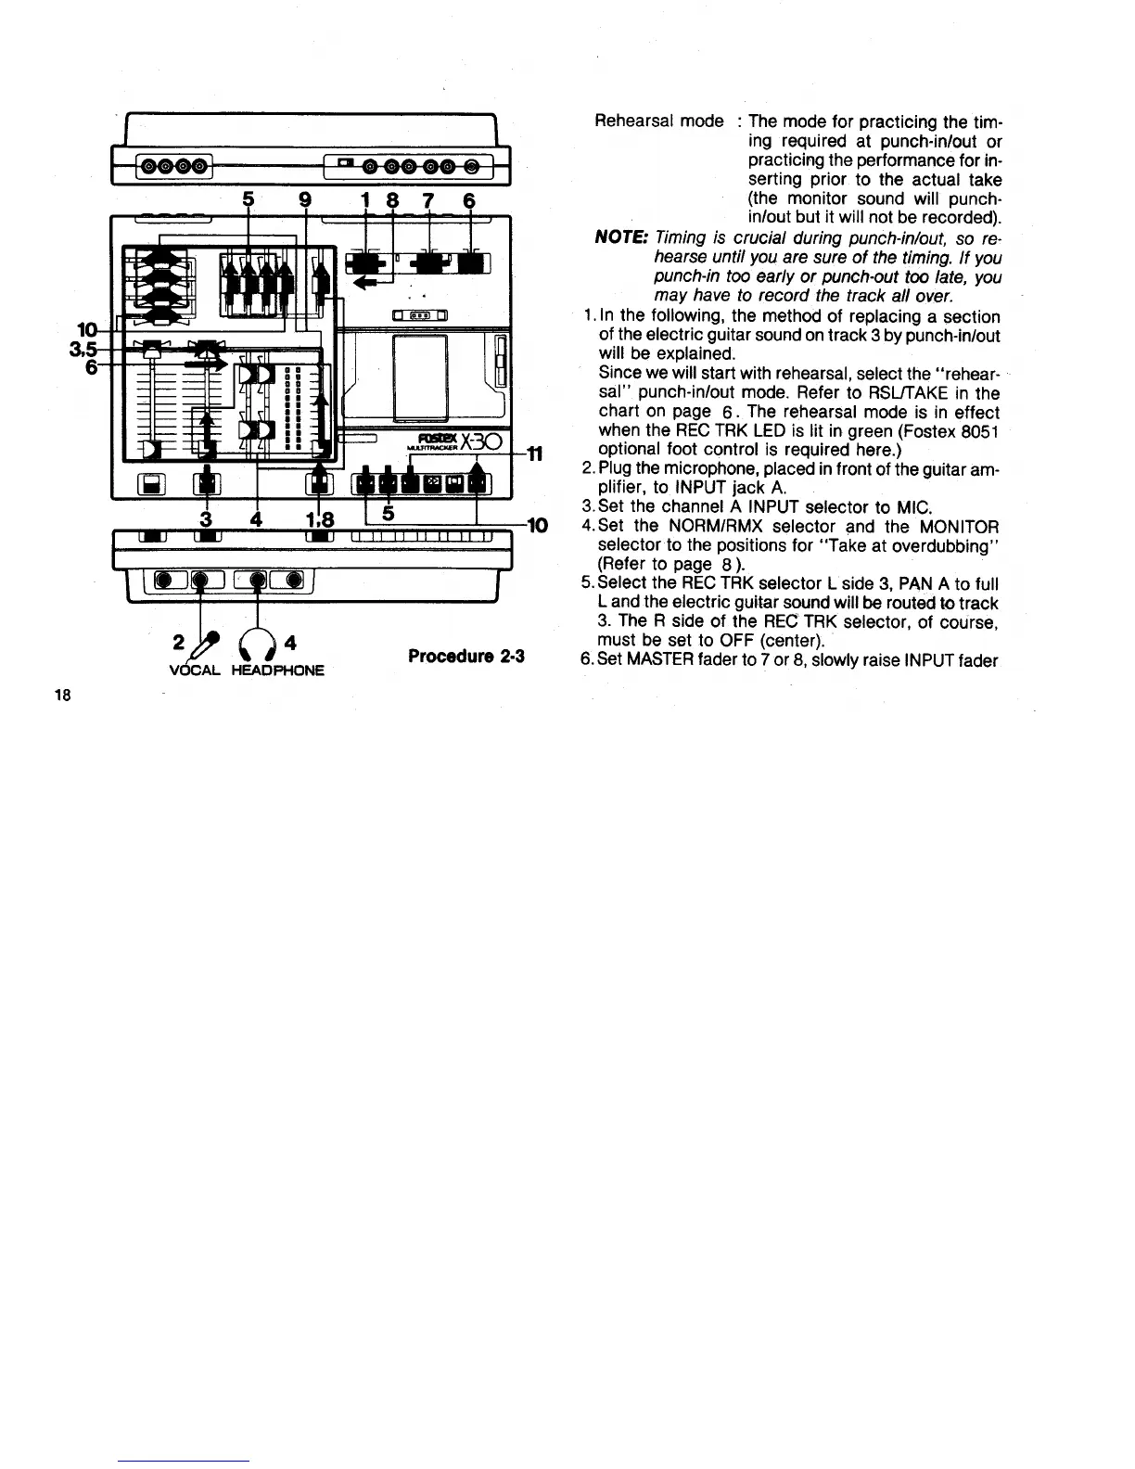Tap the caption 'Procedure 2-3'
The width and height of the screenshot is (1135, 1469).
pos(466,657)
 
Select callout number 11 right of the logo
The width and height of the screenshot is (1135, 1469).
pos(534,453)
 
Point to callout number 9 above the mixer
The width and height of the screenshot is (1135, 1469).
pos(305,200)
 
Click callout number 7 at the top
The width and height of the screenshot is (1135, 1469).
pos(428,200)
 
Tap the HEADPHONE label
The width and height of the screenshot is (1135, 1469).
pos(277,670)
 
